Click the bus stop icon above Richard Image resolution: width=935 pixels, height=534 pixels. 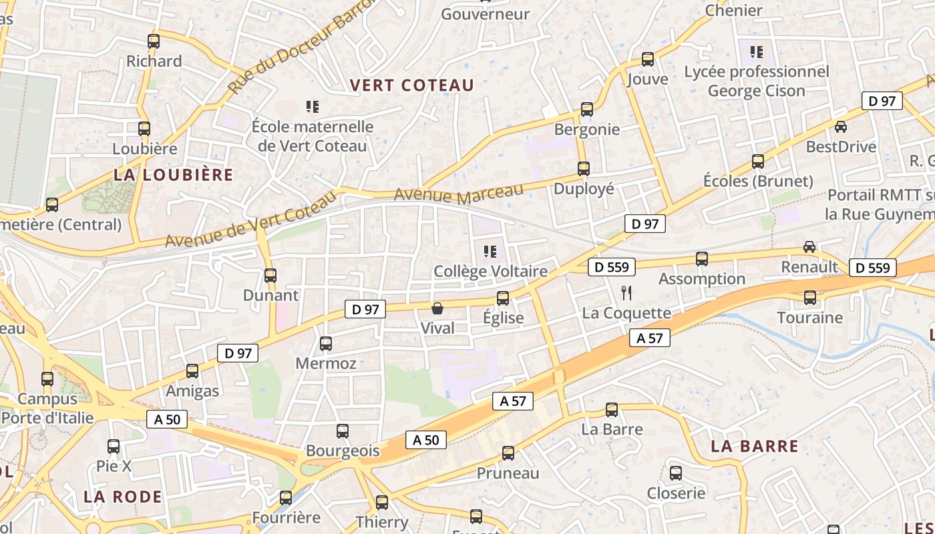click(154, 41)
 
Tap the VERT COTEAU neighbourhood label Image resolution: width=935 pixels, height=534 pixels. click(411, 85)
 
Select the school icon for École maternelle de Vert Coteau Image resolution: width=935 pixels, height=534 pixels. click(312, 106)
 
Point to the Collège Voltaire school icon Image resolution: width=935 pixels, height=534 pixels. click(490, 252)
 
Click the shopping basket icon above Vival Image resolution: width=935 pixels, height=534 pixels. click(437, 308)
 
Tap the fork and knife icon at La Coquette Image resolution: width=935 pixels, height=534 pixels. click(626, 292)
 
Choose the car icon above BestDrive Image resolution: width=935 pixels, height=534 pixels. click(841, 126)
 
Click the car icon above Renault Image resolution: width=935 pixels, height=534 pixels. click(809, 247)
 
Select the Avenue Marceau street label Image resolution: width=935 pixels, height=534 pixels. click(459, 194)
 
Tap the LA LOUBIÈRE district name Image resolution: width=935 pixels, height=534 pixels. click(174, 175)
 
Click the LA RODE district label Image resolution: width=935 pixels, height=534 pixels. click(123, 497)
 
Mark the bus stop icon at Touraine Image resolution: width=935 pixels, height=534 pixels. click(810, 298)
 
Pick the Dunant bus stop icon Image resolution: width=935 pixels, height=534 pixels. click(270, 276)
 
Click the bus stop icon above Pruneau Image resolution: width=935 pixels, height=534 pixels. click(508, 454)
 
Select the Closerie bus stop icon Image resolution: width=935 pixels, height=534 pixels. click(676, 473)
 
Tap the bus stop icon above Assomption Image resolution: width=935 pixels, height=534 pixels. click(702, 259)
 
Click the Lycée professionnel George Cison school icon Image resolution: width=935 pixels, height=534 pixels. click(757, 51)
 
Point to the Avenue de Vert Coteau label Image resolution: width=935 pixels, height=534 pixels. click(250, 219)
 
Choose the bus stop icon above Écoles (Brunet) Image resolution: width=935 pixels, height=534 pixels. click(758, 162)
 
